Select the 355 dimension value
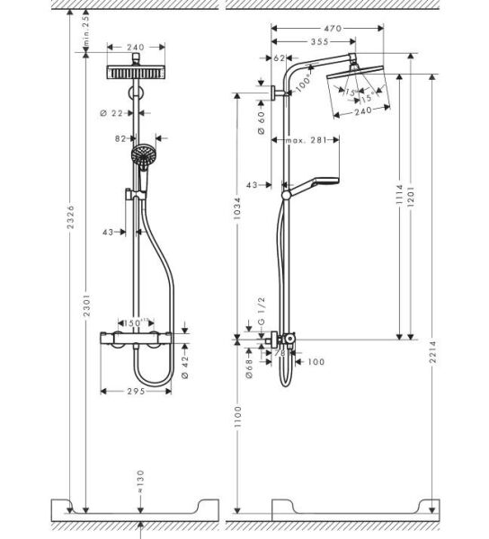click(x=312, y=41)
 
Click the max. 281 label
click(x=307, y=140)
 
